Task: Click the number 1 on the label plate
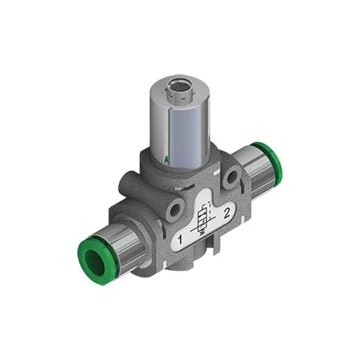[180, 240]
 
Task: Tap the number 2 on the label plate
[227, 213]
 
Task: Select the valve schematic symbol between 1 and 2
[204, 219]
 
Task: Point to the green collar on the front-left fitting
[94, 260]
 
